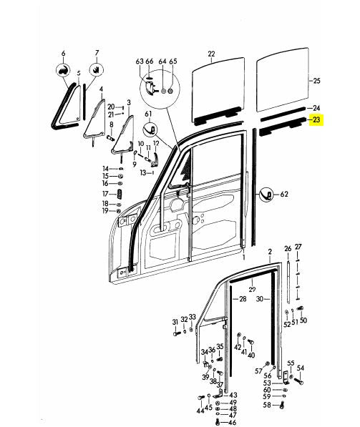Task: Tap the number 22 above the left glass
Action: point(211,54)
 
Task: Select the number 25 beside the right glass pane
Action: point(316,82)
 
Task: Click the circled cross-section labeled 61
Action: point(151,129)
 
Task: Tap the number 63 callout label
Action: point(140,63)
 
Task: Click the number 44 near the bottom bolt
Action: point(200,411)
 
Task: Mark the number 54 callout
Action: point(301,368)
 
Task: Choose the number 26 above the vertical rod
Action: point(288,248)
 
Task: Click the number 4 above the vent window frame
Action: point(102,89)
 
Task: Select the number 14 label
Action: point(105,168)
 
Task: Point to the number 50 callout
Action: point(303,321)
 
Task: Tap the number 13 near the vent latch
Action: point(142,172)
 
